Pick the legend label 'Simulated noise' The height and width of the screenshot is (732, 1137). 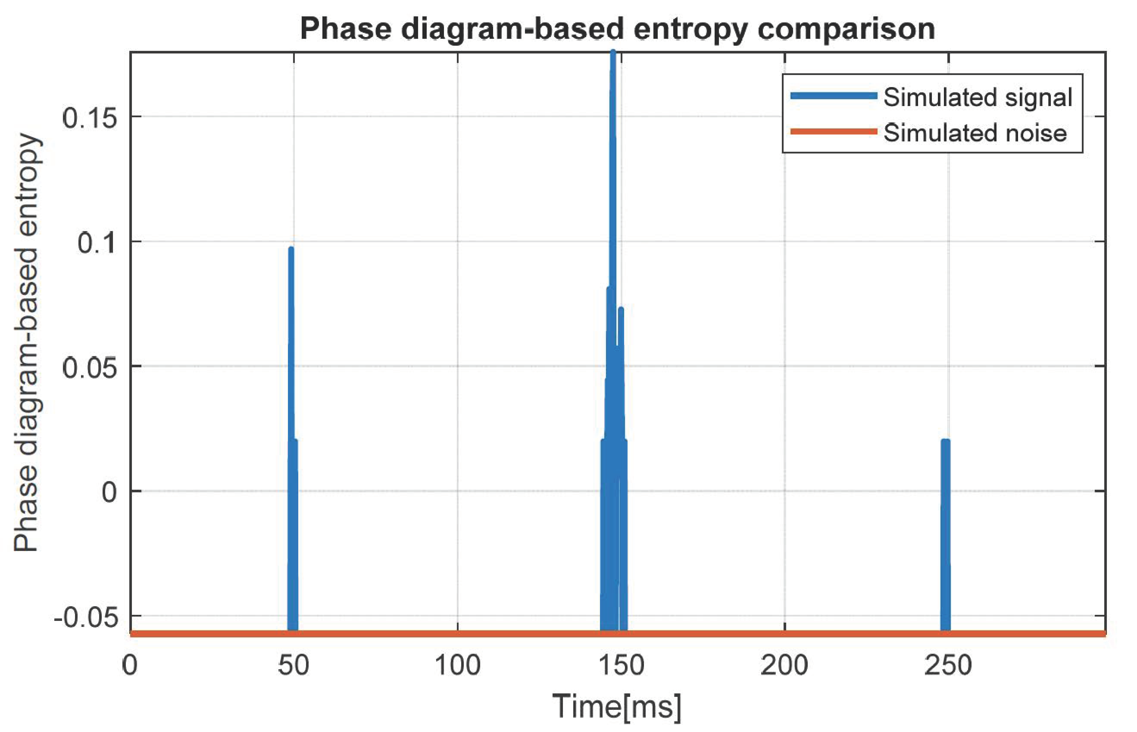click(x=975, y=133)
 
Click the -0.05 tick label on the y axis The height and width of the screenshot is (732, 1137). click(x=85, y=617)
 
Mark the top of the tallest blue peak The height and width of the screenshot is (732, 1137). click(x=613, y=52)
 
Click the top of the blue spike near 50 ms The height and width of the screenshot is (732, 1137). click(x=291, y=249)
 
